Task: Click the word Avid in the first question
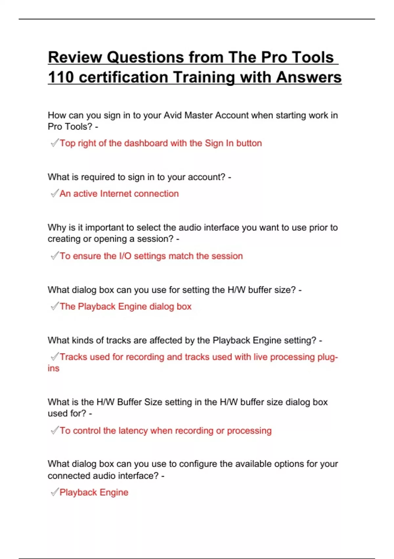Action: (x=173, y=115)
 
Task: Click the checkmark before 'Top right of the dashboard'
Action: (x=55, y=143)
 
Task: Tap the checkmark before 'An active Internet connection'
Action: (x=55, y=193)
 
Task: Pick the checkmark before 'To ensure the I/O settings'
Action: (x=55, y=256)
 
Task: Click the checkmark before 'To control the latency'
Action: (x=55, y=430)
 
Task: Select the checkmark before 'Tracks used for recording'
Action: (x=55, y=357)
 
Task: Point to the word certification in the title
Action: (x=123, y=77)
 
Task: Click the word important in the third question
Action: (x=104, y=228)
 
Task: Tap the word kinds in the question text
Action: (x=83, y=340)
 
